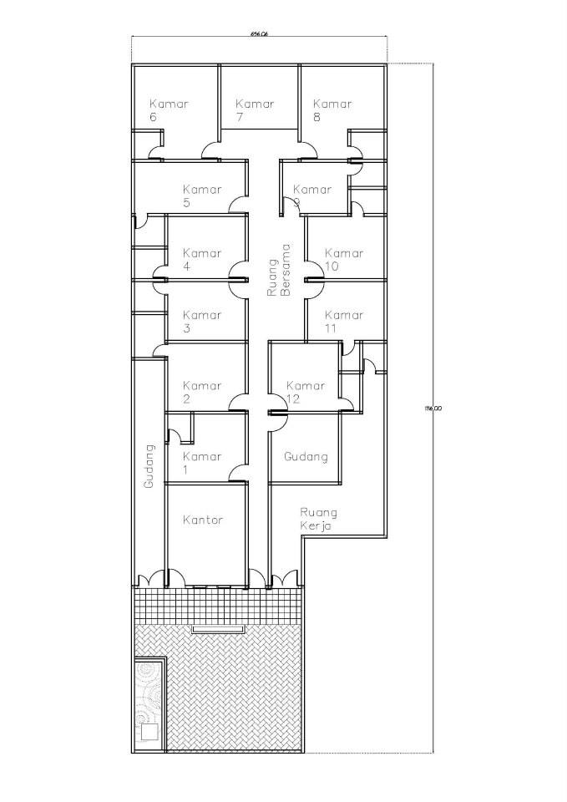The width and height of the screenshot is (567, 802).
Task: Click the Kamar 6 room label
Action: tap(169, 110)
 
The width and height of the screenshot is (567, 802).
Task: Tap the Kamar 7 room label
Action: tap(255, 110)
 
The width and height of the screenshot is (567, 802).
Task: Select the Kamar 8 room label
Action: tap(332, 110)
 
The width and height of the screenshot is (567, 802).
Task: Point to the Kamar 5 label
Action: tap(202, 195)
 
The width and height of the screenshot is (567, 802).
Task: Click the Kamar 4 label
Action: tap(202, 260)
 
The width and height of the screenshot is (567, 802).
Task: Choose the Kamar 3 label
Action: tap(202, 322)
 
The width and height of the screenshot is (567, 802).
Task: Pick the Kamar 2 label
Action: tap(202, 392)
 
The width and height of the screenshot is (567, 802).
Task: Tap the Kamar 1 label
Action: tap(202, 463)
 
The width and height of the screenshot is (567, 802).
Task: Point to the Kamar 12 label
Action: tap(305, 392)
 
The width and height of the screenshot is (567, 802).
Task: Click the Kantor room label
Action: tap(203, 520)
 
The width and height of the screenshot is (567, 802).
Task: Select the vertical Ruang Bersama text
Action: tap(278, 271)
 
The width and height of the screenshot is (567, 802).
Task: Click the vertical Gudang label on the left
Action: tap(149, 467)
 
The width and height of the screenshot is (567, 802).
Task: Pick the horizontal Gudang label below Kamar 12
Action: tap(306, 457)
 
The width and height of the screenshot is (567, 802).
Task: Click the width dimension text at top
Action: tap(259, 34)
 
